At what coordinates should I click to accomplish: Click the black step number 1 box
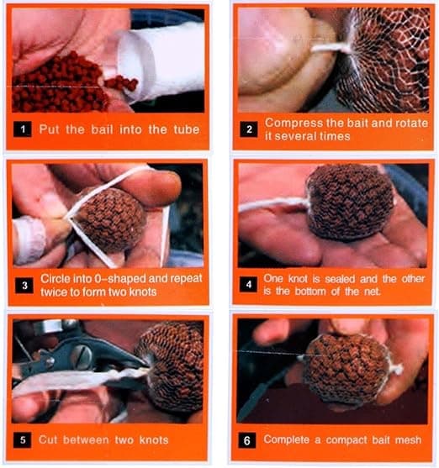[x=23, y=129]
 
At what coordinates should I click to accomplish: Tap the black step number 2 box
[x=249, y=129]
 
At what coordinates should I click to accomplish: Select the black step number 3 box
[x=24, y=286]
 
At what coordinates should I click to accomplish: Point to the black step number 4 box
[x=248, y=284]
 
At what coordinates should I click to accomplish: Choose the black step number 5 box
[x=23, y=440]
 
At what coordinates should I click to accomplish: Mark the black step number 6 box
[x=247, y=440]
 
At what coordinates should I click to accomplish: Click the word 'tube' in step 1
[x=187, y=129]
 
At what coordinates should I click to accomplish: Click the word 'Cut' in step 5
[x=48, y=439]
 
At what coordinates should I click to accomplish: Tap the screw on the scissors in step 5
[x=85, y=354]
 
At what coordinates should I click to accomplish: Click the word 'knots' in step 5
[x=154, y=440]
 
